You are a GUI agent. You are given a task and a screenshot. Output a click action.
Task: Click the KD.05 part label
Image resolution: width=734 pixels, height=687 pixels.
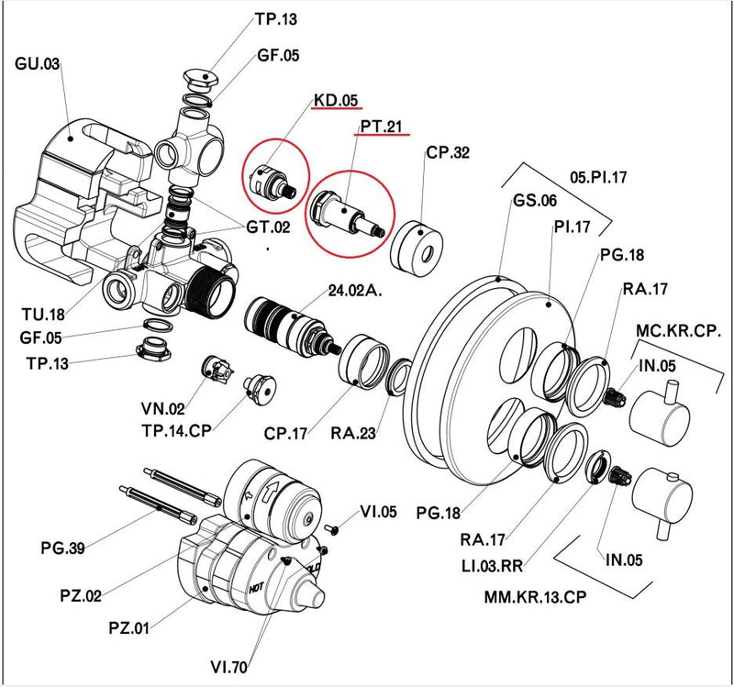[337, 100]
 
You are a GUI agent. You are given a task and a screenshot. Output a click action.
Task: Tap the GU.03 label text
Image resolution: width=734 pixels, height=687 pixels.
[38, 64]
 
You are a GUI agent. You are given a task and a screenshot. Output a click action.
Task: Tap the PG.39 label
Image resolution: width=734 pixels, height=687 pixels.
[63, 548]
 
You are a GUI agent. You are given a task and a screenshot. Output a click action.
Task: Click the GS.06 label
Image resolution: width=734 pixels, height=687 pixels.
[535, 201]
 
